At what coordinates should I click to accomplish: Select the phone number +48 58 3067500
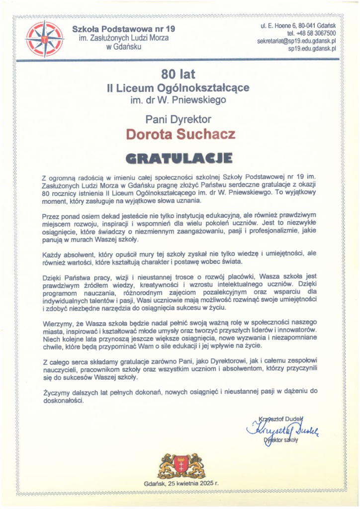click(305, 33)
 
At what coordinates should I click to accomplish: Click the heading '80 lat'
click(179, 74)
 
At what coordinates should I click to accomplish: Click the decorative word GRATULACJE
click(179, 159)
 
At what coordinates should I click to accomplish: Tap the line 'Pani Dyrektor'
click(179, 119)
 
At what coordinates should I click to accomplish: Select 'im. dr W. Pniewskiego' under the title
click(179, 99)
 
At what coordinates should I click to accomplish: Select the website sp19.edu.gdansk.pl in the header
click(312, 49)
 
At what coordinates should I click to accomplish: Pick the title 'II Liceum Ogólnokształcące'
click(179, 88)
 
